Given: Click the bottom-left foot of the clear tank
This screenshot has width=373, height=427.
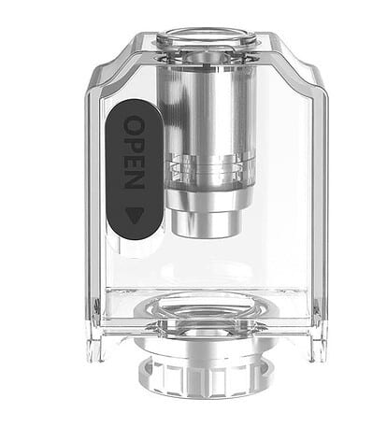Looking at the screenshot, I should coord(97,351).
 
